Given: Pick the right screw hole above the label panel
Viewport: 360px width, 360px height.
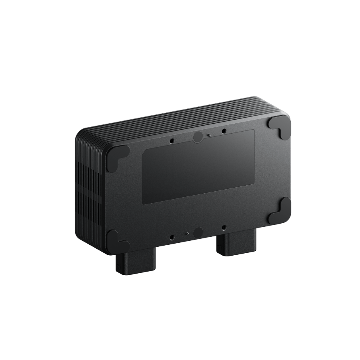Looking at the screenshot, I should [224, 131].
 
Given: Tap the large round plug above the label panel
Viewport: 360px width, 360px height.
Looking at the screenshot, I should [198, 137].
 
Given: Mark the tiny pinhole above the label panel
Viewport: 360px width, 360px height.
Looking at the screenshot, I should [209, 135].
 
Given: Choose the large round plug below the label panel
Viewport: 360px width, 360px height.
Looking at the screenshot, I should [198, 232].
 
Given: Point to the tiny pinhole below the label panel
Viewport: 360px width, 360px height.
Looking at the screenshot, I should [186, 233].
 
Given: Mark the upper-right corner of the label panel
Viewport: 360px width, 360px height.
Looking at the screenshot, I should [254, 130].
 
